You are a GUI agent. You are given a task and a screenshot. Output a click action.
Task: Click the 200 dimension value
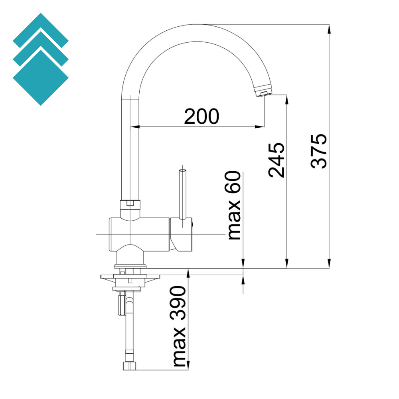click(201, 117)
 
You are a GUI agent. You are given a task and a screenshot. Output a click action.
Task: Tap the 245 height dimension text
click(276, 160)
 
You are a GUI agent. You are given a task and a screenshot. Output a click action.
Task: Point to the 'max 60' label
click(235, 205)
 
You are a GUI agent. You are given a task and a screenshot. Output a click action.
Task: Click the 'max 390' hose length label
click(180, 326)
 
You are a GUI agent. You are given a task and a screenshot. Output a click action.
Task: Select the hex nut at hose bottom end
click(130, 365)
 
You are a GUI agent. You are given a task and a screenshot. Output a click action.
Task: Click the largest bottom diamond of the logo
click(41, 78)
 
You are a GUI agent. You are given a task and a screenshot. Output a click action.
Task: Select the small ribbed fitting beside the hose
click(120, 305)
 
